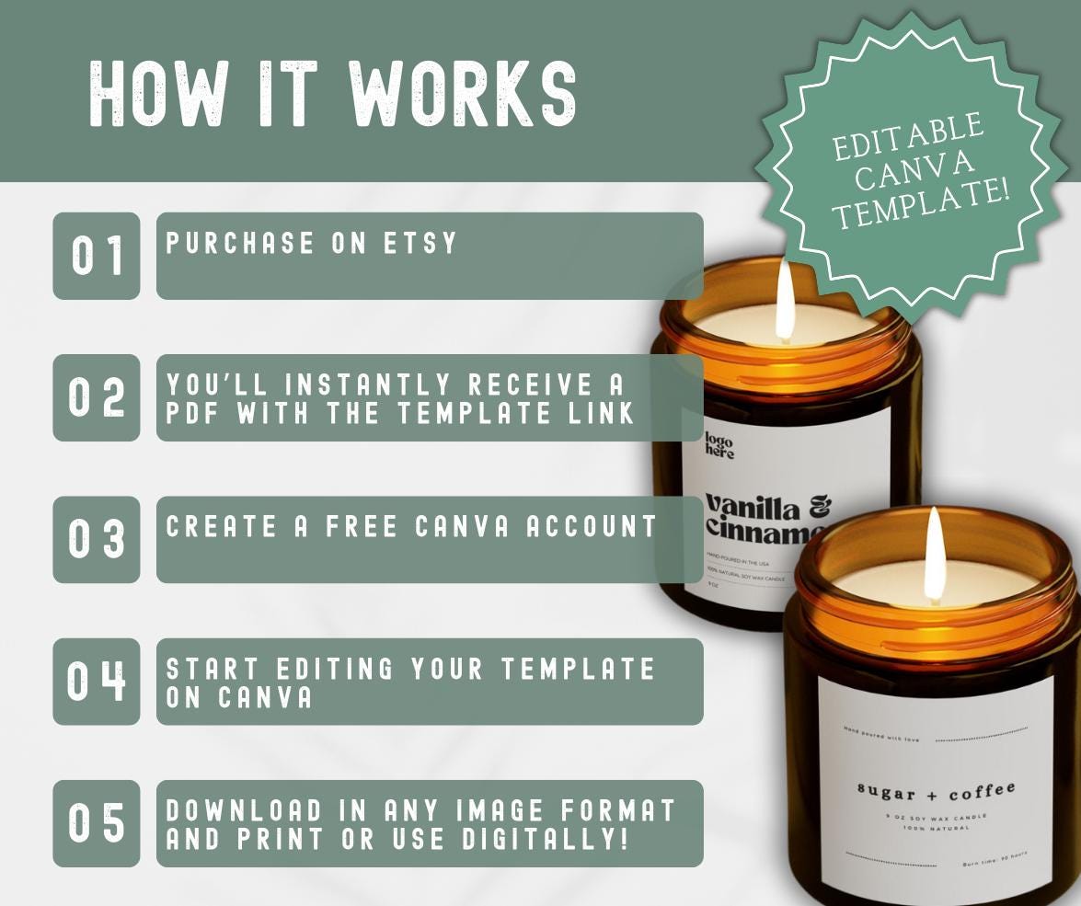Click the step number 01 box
tap(97, 256)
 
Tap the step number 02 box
tap(97, 397)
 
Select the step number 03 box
tap(97, 539)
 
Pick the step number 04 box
tap(97, 681)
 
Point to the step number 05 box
tap(97, 823)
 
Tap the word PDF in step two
tap(194, 413)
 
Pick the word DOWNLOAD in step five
tap(246, 810)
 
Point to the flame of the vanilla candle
tap(785, 302)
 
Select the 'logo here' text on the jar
tap(719, 445)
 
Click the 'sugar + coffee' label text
tap(936, 791)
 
